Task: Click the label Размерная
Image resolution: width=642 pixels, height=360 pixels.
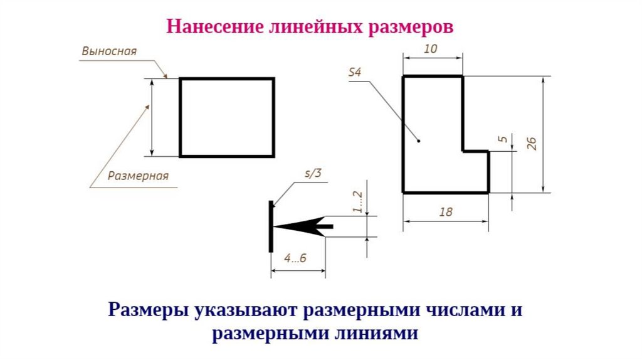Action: coord(138,176)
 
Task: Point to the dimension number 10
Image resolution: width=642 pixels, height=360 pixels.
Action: coord(431,49)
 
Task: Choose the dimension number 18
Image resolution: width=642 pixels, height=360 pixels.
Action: coord(446,212)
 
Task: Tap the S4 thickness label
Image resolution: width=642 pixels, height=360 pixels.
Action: coord(355,73)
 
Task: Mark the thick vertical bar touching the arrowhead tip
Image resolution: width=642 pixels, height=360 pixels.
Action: coord(271,226)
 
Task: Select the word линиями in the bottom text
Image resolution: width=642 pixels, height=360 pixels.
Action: coord(376,333)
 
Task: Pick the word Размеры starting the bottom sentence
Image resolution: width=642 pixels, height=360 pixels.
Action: coord(149,310)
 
